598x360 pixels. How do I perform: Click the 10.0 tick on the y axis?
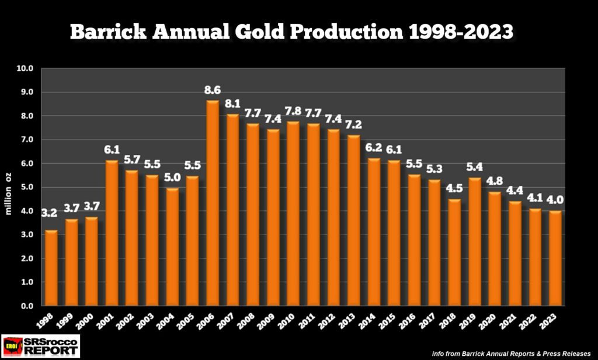click(26, 68)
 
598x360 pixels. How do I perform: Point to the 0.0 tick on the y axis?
click(27, 306)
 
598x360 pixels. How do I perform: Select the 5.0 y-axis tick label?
click(27, 187)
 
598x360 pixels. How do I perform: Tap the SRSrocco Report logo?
click(40, 346)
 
